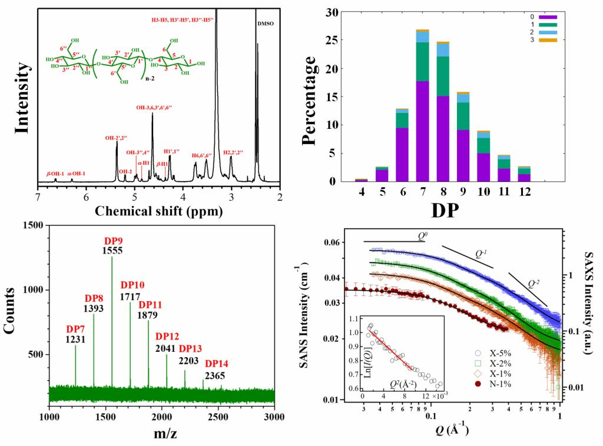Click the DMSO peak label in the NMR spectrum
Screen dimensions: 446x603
pos(266,24)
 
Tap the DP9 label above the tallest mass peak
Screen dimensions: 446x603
pos(112,241)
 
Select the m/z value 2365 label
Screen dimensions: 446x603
pos(214,376)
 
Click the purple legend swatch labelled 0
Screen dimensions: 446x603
pos(548,17)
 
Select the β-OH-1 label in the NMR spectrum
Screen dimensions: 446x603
pos(56,174)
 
